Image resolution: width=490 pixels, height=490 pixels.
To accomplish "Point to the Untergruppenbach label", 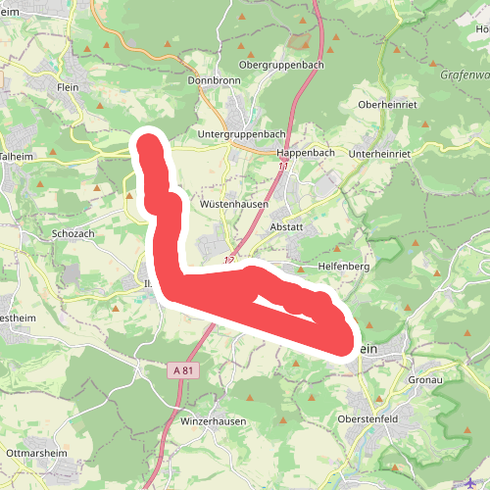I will click(234, 133).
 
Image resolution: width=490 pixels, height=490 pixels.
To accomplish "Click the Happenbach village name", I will click(306, 154).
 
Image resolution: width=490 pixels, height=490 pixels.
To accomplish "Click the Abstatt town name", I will click(285, 225).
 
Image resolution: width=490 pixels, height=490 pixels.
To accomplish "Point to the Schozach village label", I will click(73, 235).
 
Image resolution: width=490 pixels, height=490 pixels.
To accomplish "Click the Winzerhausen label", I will click(214, 420).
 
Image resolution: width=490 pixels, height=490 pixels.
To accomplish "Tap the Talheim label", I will click(16, 155).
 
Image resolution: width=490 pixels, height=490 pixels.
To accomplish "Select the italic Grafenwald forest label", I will click(464, 73).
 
